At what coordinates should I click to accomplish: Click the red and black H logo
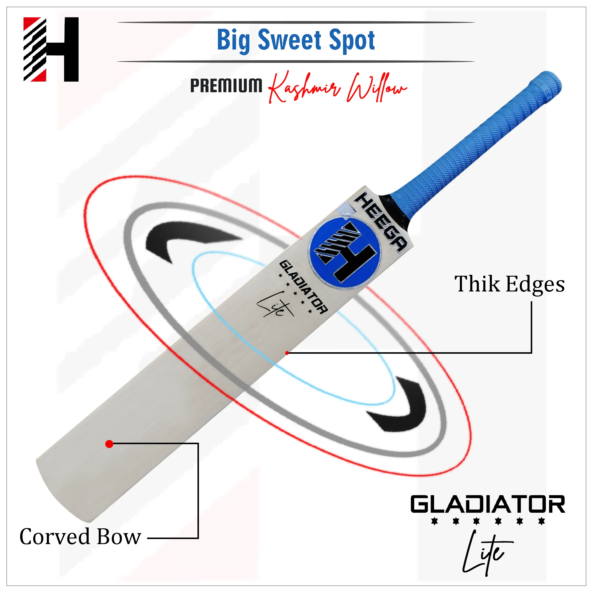tap(51, 50)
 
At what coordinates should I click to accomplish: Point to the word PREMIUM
tap(226, 85)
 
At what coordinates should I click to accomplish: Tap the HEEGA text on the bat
tap(381, 222)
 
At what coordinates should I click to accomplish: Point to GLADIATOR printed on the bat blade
tap(303, 287)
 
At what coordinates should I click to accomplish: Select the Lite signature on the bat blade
tap(275, 305)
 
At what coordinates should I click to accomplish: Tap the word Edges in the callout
tap(535, 285)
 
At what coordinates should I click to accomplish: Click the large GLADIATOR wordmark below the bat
tap(488, 504)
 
